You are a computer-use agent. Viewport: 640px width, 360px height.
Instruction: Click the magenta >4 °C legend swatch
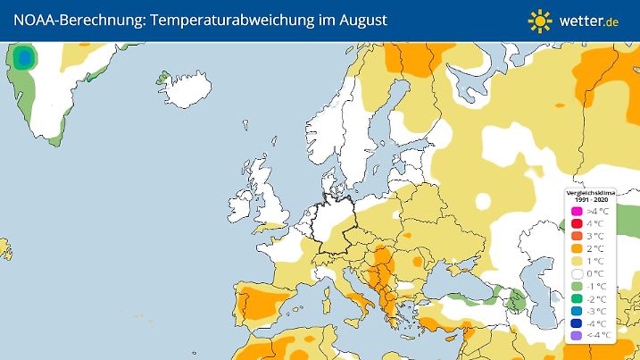(577, 211)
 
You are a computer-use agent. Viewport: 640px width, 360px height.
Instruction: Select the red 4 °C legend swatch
(577, 223)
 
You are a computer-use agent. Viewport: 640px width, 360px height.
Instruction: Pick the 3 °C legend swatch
(577, 236)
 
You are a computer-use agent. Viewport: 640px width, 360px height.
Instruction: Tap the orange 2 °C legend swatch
(577, 248)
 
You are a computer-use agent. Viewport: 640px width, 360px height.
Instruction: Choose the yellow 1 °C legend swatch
(577, 261)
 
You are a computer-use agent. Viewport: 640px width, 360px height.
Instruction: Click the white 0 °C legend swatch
(577, 273)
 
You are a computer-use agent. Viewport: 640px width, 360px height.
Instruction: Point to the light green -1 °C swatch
(577, 286)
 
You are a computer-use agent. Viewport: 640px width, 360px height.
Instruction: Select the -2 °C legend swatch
(577, 298)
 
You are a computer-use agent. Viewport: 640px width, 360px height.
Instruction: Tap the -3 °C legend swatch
(577, 311)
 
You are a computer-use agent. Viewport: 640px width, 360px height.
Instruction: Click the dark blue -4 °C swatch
(577, 323)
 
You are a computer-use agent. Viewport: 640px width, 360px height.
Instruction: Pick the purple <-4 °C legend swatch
(577, 336)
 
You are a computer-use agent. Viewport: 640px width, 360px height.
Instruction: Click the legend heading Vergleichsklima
(588, 192)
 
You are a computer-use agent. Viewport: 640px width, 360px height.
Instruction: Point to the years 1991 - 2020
(588, 198)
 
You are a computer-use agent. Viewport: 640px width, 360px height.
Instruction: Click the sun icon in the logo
(540, 20)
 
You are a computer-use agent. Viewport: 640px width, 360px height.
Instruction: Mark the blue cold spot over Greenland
(24, 60)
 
